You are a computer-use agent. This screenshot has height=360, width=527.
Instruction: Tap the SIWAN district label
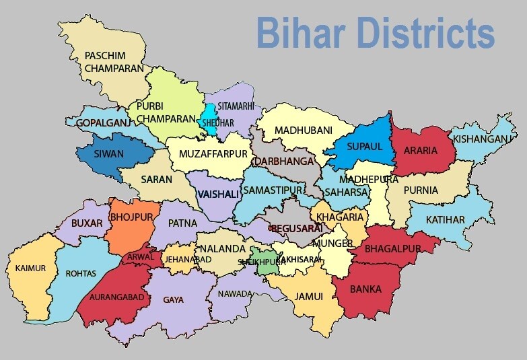coord(108,153)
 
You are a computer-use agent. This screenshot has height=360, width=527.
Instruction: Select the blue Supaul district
coord(364,145)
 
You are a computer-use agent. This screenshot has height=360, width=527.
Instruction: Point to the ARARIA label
coord(421,150)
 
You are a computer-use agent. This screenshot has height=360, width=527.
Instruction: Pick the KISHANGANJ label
coord(481,139)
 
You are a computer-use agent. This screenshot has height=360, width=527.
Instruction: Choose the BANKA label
coord(365,289)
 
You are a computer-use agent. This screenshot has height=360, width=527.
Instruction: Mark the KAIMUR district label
coord(30,268)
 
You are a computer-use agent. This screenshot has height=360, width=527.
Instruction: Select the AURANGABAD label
coord(112,297)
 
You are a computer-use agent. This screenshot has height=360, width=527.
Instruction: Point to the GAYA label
coord(173,299)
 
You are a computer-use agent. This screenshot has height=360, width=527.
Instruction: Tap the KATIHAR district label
coord(445,220)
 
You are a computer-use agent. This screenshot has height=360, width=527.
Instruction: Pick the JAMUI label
coord(309,296)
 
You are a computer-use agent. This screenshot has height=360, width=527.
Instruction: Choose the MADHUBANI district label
coord(304,130)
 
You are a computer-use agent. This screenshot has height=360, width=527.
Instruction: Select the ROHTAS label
coord(81,273)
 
